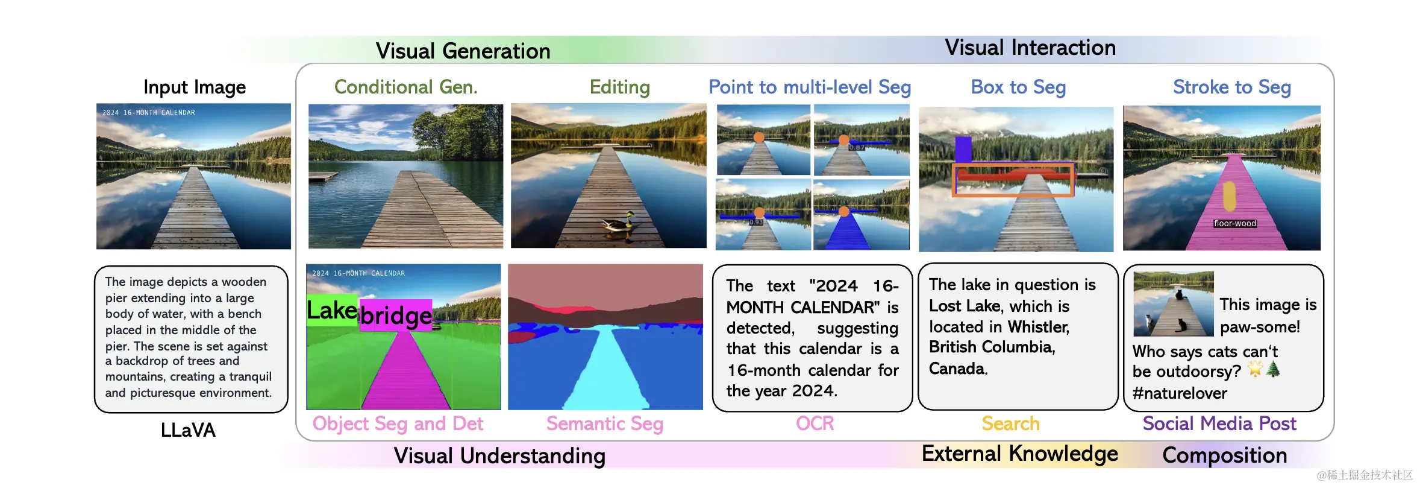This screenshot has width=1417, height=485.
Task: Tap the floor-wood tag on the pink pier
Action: tap(1234, 223)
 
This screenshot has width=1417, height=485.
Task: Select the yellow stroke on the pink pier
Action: tap(1229, 196)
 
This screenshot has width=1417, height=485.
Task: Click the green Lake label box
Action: tap(332, 310)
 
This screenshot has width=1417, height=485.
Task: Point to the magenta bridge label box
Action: tap(396, 315)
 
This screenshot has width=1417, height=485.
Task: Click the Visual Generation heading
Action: tap(463, 51)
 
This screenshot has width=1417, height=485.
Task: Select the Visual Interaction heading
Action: tap(1030, 47)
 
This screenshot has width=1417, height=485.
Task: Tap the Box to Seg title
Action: tap(1018, 87)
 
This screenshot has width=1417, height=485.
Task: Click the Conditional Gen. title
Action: tap(405, 87)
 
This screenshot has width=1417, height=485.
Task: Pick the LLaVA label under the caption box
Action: tap(188, 430)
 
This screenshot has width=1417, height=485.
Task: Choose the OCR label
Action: tap(815, 423)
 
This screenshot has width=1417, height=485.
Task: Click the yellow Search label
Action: tap(1010, 423)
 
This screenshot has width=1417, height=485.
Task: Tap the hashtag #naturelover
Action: tap(1179, 393)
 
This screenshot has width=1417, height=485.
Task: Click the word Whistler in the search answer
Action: tap(1038, 327)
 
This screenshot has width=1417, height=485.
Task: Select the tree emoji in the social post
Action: tap(1273, 369)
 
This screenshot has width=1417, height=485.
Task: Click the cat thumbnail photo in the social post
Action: tap(1173, 304)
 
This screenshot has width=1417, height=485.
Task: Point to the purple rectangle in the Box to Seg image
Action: tap(963, 150)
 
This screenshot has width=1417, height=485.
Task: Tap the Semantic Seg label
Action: tap(604, 423)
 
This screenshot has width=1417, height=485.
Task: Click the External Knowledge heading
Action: tap(1019, 454)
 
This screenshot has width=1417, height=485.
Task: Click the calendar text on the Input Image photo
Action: tap(149, 113)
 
